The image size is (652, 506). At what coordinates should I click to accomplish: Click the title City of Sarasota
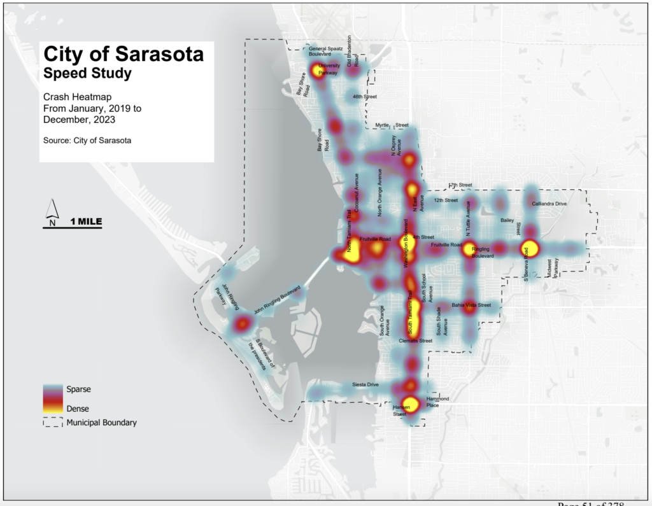(123, 54)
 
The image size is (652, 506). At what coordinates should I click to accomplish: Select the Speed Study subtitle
(87, 73)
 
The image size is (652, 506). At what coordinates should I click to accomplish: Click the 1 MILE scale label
(85, 221)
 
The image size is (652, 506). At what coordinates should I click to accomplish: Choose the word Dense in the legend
(78, 408)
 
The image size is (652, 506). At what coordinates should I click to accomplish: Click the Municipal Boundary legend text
(101, 422)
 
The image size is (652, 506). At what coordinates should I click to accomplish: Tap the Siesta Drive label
(365, 385)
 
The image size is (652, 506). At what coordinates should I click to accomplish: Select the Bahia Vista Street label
(471, 306)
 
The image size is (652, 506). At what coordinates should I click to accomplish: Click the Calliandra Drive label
(549, 204)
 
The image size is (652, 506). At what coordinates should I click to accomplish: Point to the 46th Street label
(365, 97)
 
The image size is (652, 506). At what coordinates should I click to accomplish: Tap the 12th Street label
(446, 200)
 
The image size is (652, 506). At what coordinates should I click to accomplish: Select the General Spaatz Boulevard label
(325, 52)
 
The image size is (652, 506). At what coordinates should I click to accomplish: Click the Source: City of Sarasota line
(87, 140)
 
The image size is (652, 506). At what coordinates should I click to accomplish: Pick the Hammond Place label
(437, 402)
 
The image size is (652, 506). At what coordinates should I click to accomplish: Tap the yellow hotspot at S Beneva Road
(529, 249)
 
